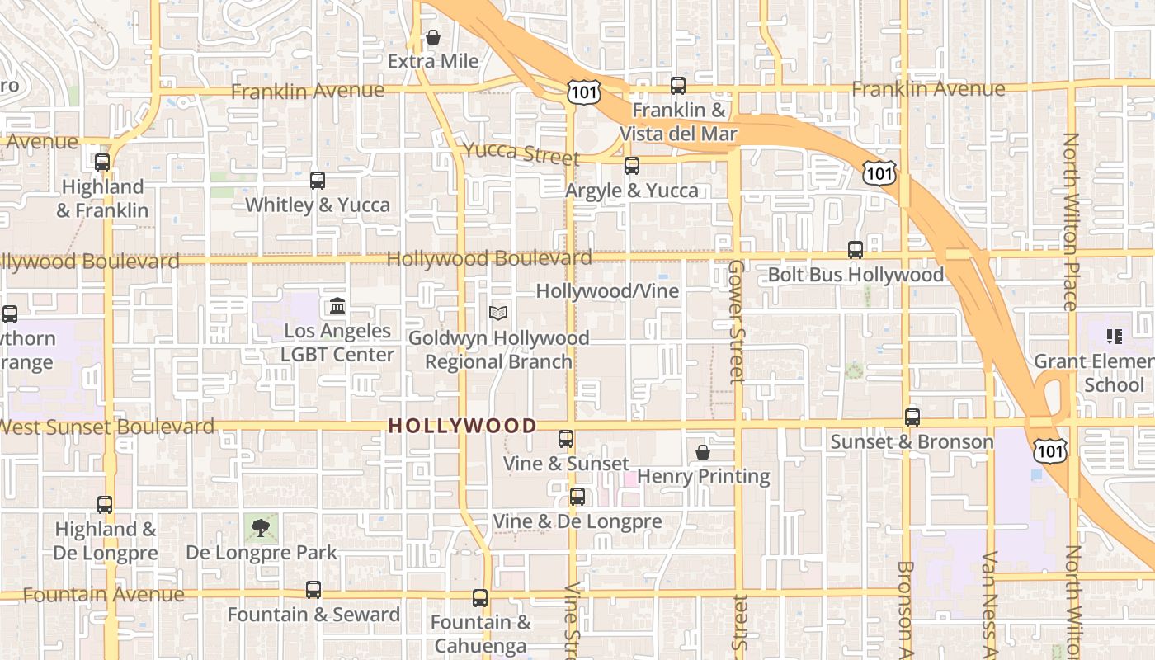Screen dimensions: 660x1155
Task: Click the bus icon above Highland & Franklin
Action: tap(102, 163)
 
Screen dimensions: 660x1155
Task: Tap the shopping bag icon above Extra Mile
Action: tap(433, 38)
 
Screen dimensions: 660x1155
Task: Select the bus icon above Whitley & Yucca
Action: tap(318, 181)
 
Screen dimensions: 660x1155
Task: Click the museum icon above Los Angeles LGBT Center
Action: tap(337, 306)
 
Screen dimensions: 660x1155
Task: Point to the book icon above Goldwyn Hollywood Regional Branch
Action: tap(498, 313)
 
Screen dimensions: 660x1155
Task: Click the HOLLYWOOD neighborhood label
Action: tap(462, 427)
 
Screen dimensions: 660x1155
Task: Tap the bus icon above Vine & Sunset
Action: tap(566, 439)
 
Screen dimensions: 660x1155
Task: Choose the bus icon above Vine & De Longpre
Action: tap(577, 497)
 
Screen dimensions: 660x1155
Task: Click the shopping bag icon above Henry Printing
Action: tap(703, 452)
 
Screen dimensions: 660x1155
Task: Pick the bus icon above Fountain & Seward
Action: tap(313, 590)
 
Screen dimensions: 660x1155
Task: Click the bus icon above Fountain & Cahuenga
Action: tap(480, 598)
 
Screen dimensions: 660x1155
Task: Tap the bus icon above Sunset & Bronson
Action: tap(912, 417)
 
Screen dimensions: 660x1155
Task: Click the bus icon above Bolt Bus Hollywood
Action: tap(856, 249)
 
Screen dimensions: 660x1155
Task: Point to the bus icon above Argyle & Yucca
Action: tap(632, 166)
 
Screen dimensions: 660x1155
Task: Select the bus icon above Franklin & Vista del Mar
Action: tap(678, 85)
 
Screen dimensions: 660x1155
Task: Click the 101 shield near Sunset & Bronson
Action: tap(1051, 450)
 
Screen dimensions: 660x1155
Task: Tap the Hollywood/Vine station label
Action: tap(607, 291)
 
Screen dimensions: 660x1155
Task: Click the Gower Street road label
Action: tap(737, 322)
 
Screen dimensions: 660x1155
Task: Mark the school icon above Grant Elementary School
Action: tap(1115, 337)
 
